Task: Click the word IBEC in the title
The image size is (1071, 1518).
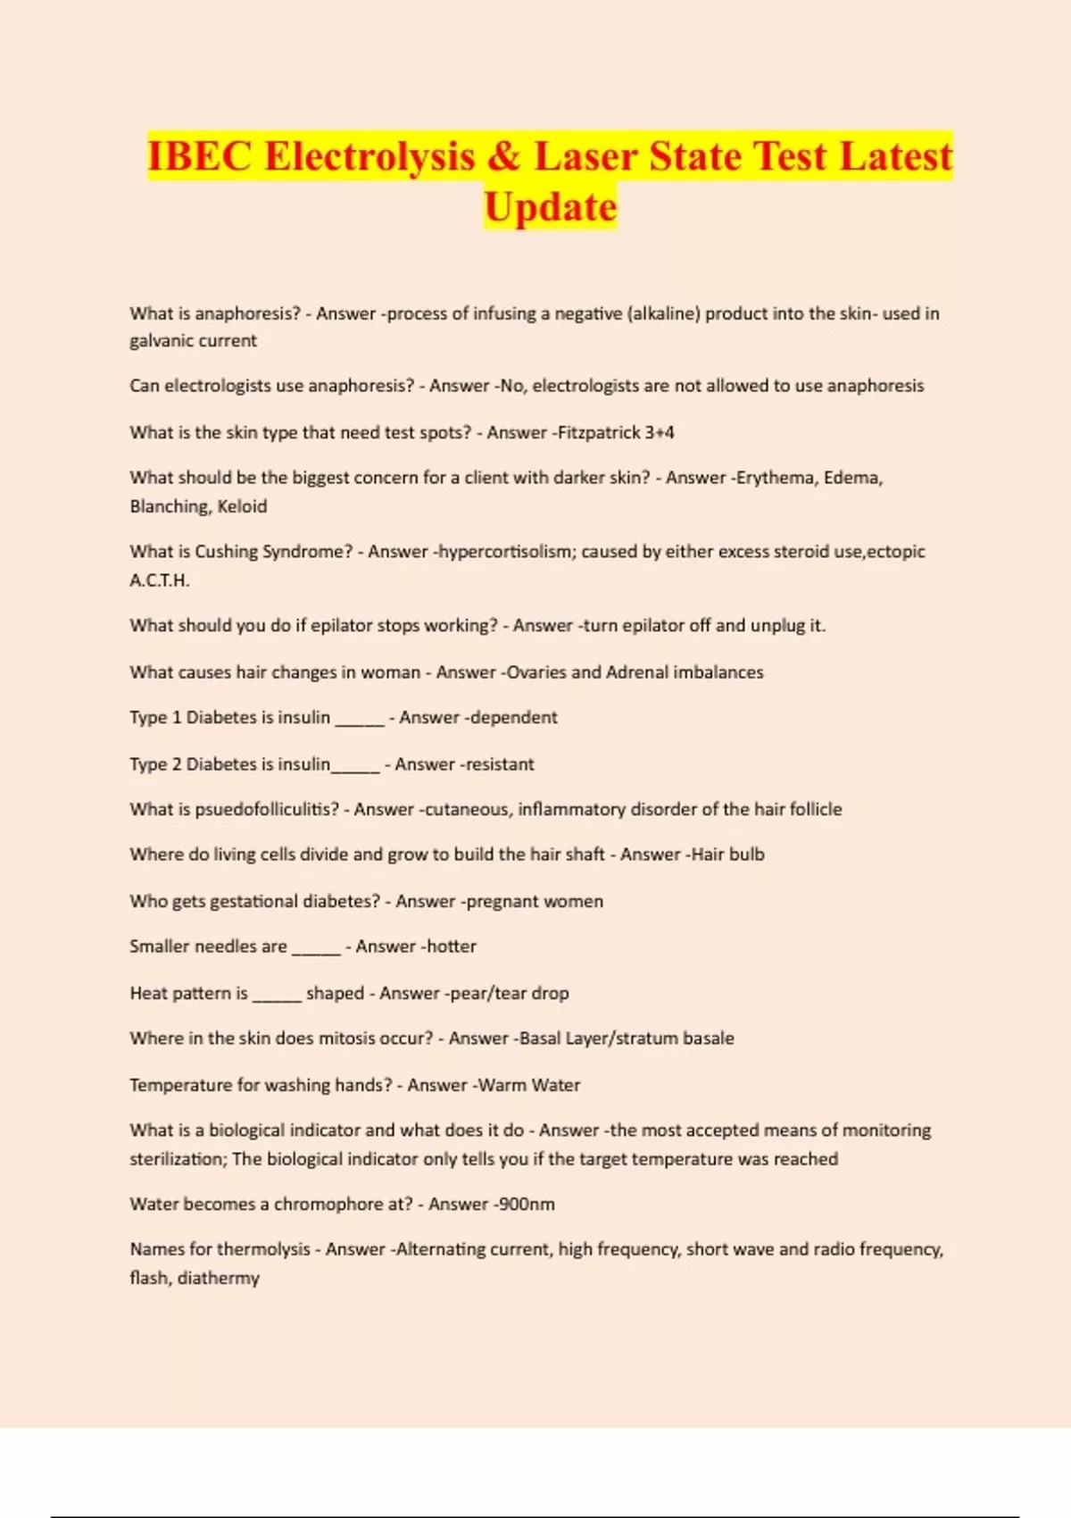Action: point(199,157)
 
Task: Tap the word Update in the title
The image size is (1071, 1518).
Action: point(550,207)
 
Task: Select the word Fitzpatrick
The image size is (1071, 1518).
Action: point(598,433)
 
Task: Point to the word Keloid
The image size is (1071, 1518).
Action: point(242,506)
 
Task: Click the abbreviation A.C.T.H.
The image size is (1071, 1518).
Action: point(160,580)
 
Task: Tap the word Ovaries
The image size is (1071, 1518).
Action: point(535,672)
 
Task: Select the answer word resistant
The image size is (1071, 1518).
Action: point(499,764)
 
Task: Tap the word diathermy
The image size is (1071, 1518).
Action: point(218,1279)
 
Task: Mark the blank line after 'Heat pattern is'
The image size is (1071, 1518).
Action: point(277,997)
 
